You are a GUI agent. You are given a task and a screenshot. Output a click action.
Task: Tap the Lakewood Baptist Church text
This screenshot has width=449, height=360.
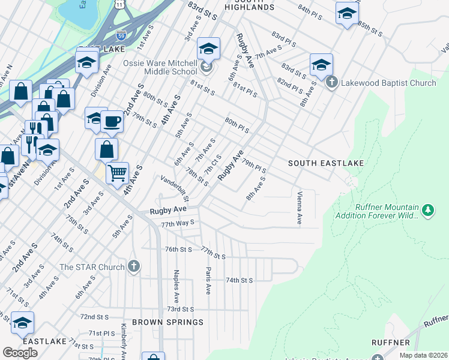[390, 83]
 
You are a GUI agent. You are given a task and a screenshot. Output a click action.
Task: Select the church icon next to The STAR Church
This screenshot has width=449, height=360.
[134, 266]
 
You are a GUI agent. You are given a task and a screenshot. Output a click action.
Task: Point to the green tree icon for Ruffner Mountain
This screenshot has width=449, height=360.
[427, 210]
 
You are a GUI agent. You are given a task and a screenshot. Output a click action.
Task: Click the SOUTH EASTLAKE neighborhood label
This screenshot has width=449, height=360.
[318, 163]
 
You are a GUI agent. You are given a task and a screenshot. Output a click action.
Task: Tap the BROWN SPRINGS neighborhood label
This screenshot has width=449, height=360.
[168, 322]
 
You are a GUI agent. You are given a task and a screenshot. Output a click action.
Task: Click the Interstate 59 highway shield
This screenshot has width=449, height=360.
[121, 35]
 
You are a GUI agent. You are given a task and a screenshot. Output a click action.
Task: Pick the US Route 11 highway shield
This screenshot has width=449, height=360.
[120, 4]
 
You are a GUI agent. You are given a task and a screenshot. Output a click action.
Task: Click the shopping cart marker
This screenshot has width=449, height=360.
[118, 173]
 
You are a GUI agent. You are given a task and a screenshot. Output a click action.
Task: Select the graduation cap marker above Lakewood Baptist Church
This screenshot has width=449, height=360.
[321, 65]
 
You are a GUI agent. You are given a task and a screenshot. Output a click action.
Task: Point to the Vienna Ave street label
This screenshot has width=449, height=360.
[299, 209]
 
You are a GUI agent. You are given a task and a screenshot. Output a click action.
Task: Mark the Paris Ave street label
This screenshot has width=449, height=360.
[208, 280]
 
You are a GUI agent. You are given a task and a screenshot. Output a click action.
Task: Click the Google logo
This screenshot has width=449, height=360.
[20, 353]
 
